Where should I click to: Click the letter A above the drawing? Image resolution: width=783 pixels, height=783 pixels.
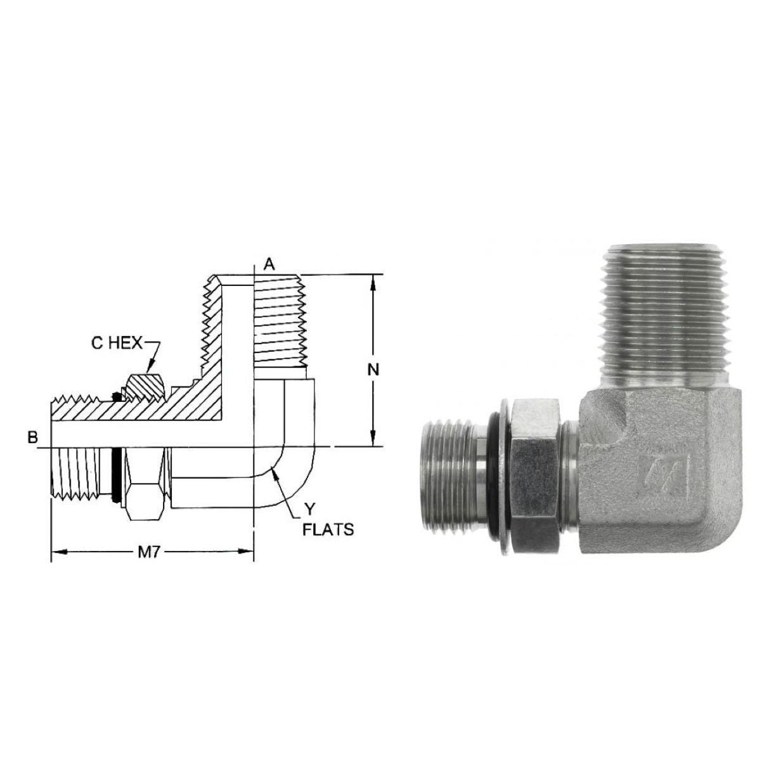pyautogui.click(x=269, y=266)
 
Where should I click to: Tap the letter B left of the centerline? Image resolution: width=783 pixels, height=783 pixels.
pyautogui.click(x=32, y=437)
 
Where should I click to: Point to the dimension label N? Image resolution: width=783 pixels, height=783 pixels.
pyautogui.click(x=373, y=370)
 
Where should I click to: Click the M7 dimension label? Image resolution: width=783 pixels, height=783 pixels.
pyautogui.click(x=148, y=553)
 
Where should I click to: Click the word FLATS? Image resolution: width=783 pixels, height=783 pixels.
pyautogui.click(x=328, y=530)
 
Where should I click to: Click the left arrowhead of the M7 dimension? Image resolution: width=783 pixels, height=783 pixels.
pyautogui.click(x=60, y=552)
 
